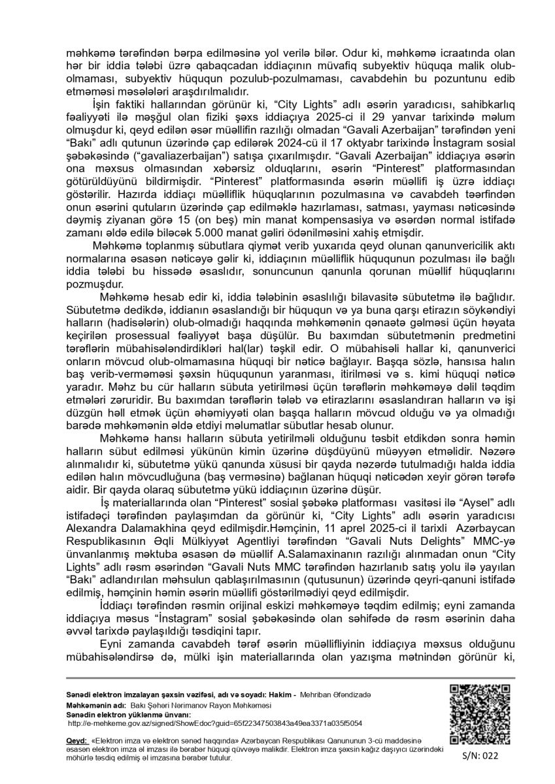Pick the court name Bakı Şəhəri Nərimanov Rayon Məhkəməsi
tap(195, 706)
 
